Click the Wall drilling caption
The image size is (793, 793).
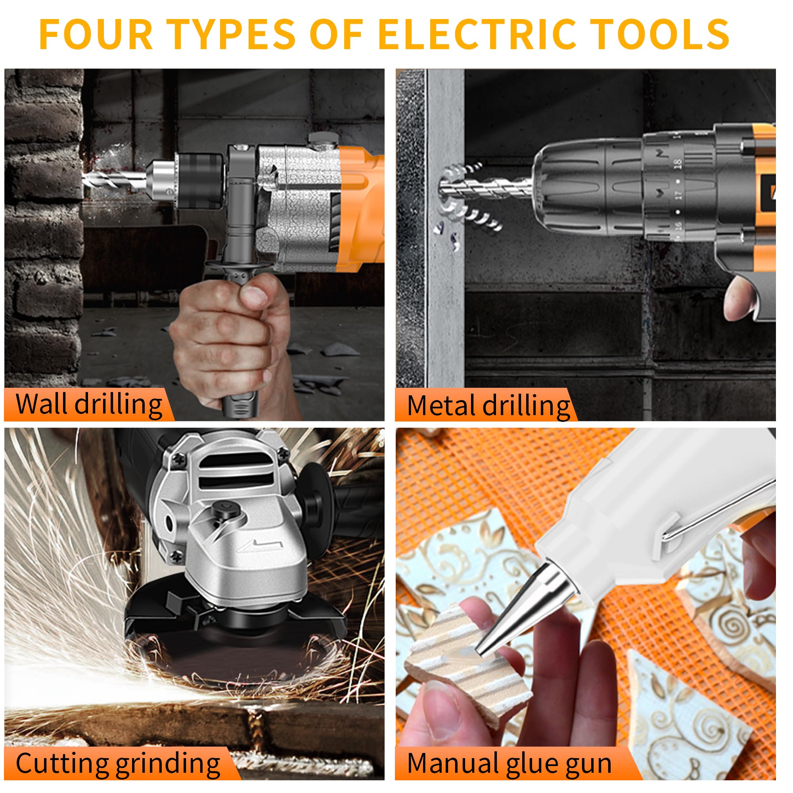[89, 404]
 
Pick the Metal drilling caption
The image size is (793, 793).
[488, 405]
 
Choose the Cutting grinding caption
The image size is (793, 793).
[118, 763]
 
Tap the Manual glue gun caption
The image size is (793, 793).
[509, 763]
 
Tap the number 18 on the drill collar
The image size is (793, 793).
[678, 164]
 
